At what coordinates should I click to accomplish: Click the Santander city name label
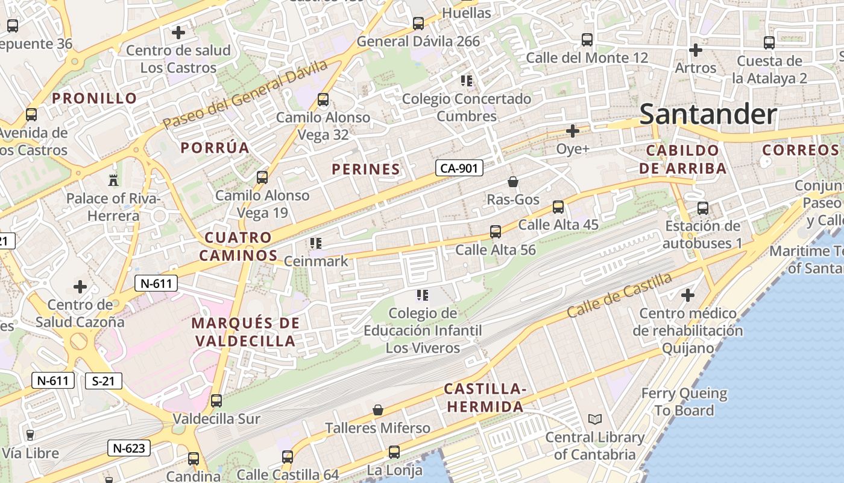(708, 114)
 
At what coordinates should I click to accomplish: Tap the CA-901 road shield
(459, 168)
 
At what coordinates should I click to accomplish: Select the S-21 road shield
(104, 381)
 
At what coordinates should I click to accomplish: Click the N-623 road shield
(129, 448)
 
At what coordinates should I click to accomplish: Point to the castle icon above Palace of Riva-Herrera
(113, 179)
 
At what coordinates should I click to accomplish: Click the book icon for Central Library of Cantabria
(594, 419)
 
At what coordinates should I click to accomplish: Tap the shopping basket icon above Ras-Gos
(512, 181)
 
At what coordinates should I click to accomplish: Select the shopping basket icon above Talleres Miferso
(378, 411)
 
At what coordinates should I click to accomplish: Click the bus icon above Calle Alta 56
(495, 231)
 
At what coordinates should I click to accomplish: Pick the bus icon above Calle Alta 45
(558, 207)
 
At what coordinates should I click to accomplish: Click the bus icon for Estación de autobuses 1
(702, 208)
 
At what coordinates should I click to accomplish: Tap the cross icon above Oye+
(572, 130)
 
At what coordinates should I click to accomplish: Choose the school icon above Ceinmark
(315, 243)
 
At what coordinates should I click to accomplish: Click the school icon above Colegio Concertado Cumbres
(466, 80)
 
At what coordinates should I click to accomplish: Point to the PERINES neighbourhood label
(366, 170)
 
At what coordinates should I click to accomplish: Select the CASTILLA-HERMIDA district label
(485, 398)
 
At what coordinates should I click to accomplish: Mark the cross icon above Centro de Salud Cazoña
(80, 286)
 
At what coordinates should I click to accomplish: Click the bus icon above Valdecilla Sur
(216, 400)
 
